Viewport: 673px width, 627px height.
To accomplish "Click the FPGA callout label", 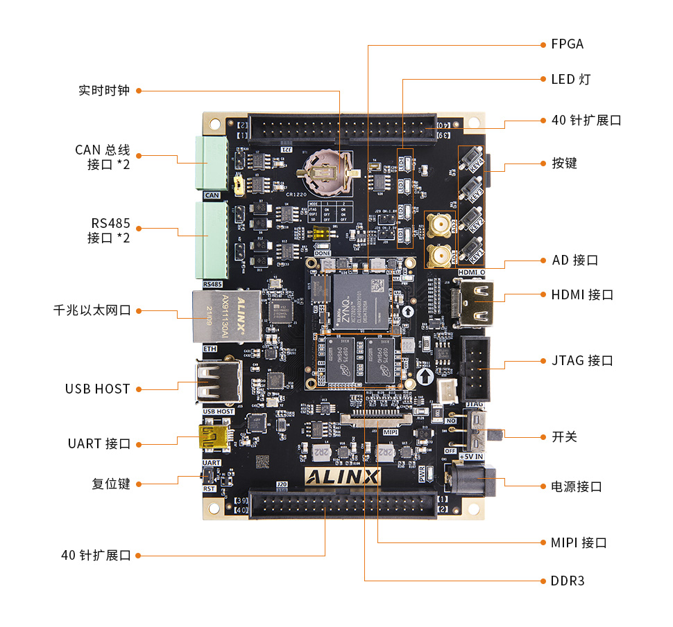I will [567, 44].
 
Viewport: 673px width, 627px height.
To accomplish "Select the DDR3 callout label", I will [568, 581].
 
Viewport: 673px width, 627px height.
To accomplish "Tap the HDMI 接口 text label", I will [582, 295].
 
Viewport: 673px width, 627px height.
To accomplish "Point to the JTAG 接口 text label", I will [582, 361].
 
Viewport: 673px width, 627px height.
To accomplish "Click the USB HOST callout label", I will [98, 389].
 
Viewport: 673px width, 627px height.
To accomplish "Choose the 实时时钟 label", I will [104, 91].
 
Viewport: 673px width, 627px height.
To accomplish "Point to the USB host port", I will [217, 382].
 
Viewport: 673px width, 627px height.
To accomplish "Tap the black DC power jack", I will [473, 479].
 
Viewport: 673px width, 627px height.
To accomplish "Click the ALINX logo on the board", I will [342, 477].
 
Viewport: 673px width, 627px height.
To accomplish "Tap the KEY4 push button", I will [475, 159].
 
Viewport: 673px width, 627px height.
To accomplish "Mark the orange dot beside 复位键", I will [139, 484].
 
